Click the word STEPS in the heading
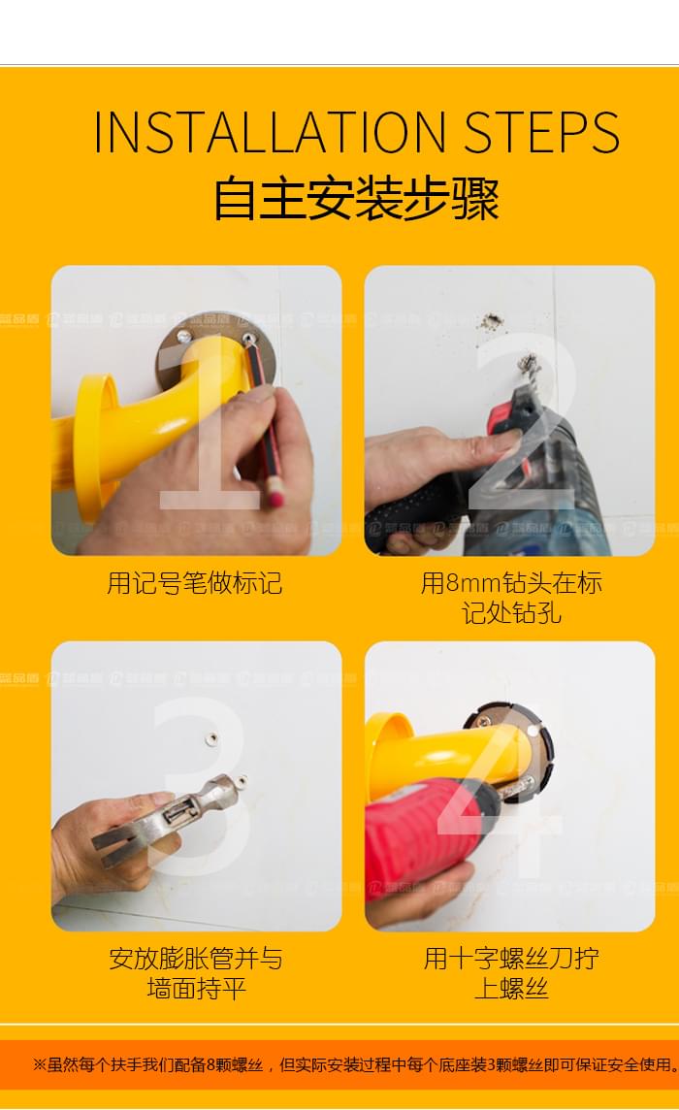pyautogui.click(x=541, y=133)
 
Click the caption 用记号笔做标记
pyautogui.click(x=195, y=583)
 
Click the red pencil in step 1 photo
pyautogui.click(x=265, y=427)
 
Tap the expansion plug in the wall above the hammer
pyautogui.click(x=210, y=739)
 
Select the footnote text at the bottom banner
pyautogui.click(x=355, y=1064)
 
